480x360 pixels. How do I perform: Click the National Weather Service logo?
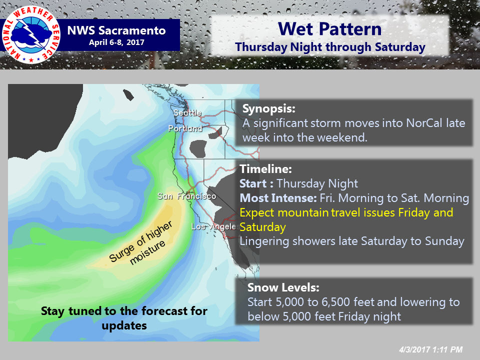(31, 34)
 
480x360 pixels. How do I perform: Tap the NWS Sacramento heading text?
(116, 30)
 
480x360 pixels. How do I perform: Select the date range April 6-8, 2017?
(116, 42)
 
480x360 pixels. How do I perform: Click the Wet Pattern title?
(329, 29)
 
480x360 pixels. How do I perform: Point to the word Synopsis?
(269, 109)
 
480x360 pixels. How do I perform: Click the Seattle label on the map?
(187, 113)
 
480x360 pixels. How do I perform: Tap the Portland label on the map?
(185, 128)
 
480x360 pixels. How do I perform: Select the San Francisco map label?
(186, 196)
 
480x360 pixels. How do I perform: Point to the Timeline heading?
(265, 169)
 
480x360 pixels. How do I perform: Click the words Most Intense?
(278, 198)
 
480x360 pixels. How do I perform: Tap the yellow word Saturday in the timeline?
(262, 227)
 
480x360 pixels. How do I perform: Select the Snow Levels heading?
(283, 287)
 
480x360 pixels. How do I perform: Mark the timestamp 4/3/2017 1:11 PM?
(430, 349)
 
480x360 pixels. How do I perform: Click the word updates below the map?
(124, 325)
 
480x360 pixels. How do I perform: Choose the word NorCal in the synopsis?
(424, 123)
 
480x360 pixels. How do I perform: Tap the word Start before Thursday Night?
(253, 183)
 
